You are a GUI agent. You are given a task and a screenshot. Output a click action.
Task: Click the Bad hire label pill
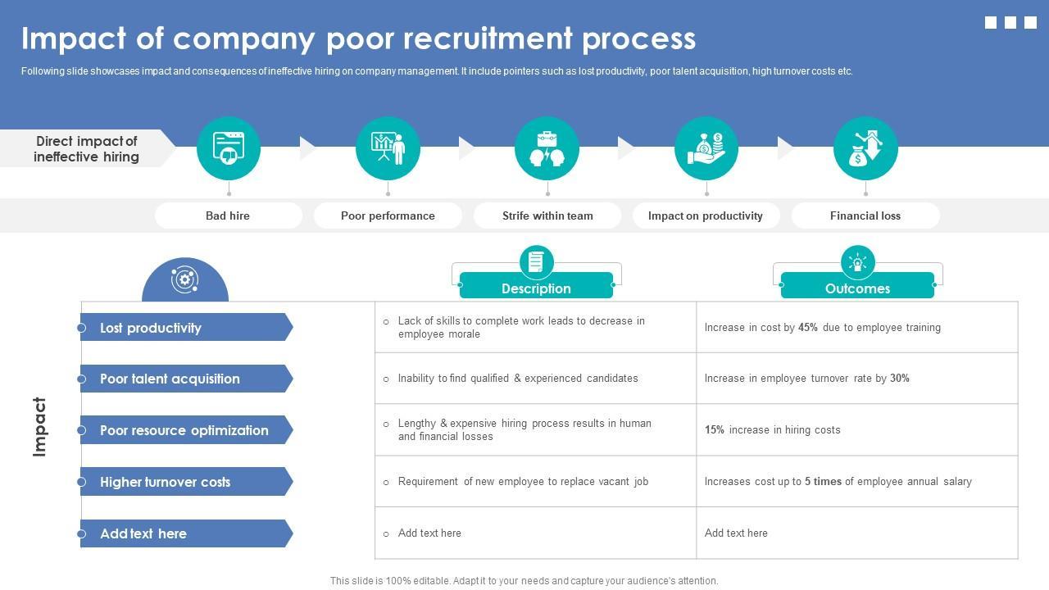point(228,216)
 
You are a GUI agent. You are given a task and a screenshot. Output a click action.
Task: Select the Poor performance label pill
point(388,216)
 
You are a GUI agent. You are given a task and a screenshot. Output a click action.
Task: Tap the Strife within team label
point(547,216)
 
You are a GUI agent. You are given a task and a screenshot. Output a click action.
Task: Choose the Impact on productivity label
point(706,216)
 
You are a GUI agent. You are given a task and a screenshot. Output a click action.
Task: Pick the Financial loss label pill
point(865,216)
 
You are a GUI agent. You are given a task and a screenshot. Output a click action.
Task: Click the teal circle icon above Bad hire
point(229,148)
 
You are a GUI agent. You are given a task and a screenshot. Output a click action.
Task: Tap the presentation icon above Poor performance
point(388,148)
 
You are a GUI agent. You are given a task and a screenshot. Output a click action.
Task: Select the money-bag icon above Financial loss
point(865,148)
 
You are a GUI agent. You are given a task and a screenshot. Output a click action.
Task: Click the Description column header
point(536,288)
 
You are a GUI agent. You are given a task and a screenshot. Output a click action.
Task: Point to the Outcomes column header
point(857,288)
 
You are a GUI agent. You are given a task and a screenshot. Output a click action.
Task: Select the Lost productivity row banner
point(185,328)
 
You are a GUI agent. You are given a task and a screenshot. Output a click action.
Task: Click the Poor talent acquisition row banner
point(185,379)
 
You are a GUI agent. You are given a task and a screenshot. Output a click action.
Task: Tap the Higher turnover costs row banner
point(185,482)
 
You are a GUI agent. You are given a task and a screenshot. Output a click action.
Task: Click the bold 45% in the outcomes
point(808,327)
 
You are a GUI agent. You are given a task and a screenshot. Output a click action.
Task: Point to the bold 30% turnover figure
point(900,378)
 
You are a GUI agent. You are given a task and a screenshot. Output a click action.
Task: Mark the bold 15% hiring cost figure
point(715,429)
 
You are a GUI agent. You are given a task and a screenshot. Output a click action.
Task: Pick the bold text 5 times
point(823,481)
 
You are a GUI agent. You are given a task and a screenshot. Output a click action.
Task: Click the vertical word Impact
point(39,427)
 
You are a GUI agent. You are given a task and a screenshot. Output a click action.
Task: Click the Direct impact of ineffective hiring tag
point(86,148)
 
